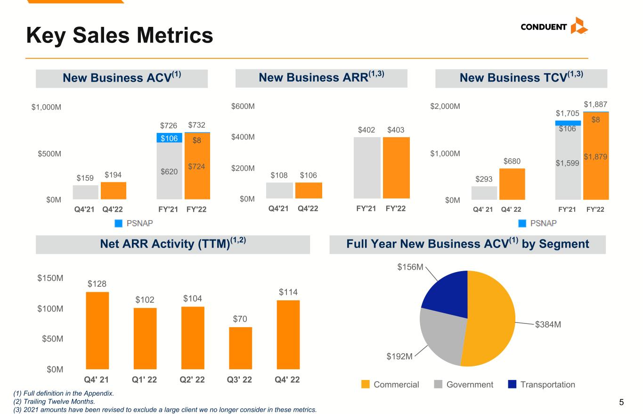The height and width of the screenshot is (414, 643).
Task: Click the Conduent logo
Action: point(554,26)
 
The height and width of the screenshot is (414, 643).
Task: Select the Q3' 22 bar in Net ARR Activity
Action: point(240,348)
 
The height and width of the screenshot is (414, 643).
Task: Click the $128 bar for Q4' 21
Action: point(97,330)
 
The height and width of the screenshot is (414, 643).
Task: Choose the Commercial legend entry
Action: point(390,385)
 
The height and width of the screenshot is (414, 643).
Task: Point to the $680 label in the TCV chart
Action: point(512,161)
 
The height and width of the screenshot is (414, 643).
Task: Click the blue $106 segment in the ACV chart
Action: point(169,138)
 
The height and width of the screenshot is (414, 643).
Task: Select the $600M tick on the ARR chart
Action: point(243,107)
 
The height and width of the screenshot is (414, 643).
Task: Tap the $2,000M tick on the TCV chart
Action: point(445,107)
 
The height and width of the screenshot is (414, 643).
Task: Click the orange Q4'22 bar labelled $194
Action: point(114,190)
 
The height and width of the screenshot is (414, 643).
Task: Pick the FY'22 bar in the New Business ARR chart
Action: point(396,168)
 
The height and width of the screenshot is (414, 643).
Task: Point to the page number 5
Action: point(621,402)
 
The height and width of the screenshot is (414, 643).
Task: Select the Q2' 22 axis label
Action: point(193,380)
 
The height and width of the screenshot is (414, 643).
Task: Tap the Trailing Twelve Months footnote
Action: point(54,401)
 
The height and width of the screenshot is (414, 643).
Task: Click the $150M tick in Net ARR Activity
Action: point(50,279)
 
